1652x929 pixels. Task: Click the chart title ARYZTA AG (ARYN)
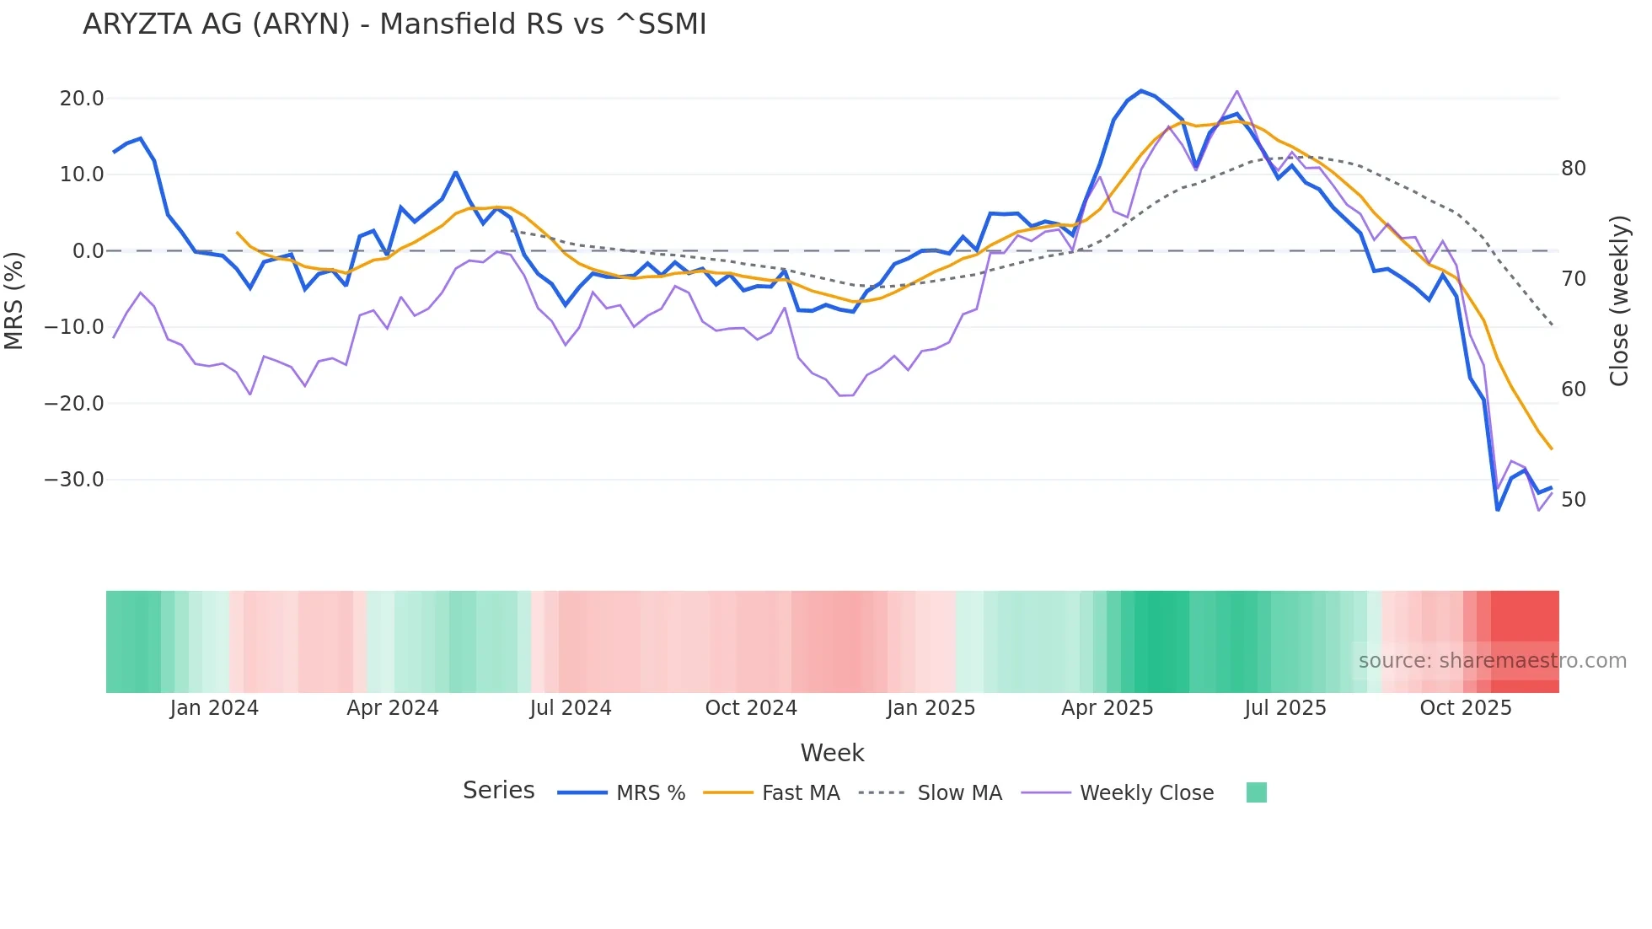(x=394, y=24)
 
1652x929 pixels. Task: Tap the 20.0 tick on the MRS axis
(x=82, y=99)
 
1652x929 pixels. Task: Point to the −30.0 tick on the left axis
(x=74, y=480)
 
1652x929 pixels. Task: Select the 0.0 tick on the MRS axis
(x=88, y=251)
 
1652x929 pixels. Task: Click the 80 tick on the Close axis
(x=1573, y=169)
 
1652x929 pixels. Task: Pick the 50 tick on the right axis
(x=1573, y=500)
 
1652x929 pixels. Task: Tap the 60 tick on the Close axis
(x=1573, y=389)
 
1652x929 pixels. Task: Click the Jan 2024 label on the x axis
(x=214, y=708)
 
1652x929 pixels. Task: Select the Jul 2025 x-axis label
(x=1285, y=708)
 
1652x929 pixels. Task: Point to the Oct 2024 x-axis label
(x=751, y=708)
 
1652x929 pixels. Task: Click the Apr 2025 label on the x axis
(x=1107, y=708)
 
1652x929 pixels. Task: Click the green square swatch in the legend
(x=1256, y=792)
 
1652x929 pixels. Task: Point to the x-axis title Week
(x=832, y=753)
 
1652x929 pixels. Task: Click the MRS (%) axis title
(x=14, y=300)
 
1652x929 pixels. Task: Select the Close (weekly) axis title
(x=1618, y=300)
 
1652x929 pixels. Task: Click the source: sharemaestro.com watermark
(x=1492, y=661)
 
